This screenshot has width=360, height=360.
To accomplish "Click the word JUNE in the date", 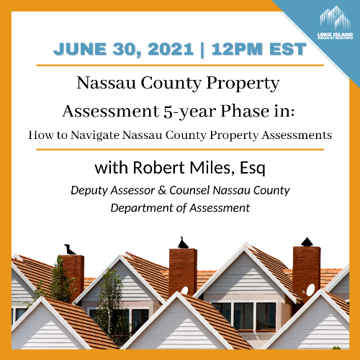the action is tap(80, 49).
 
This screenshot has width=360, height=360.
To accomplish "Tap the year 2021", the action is tap(171, 49).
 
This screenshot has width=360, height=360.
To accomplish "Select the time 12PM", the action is tap(237, 49).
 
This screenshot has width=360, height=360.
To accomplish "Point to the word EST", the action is tap(288, 49).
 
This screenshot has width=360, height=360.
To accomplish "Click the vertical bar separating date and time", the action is tap(202, 50).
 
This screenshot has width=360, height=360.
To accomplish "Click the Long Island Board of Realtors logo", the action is tap(336, 23).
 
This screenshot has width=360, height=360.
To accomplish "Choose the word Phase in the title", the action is tap(245, 111).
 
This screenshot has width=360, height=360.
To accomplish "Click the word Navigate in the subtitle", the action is tap(95, 135).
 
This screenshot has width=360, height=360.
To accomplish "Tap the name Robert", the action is tap(159, 167).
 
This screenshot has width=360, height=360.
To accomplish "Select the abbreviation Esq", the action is tap(252, 168).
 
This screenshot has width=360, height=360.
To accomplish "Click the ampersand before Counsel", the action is tap(162, 191).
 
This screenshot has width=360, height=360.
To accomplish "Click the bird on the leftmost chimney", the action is tap(69, 250).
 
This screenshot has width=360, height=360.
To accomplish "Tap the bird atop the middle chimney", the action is tap(183, 243).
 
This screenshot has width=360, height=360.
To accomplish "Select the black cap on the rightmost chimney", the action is tap(307, 242).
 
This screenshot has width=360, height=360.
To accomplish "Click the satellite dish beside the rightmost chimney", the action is tap(310, 290).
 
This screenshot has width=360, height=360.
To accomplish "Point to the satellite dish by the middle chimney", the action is tap(184, 291).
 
